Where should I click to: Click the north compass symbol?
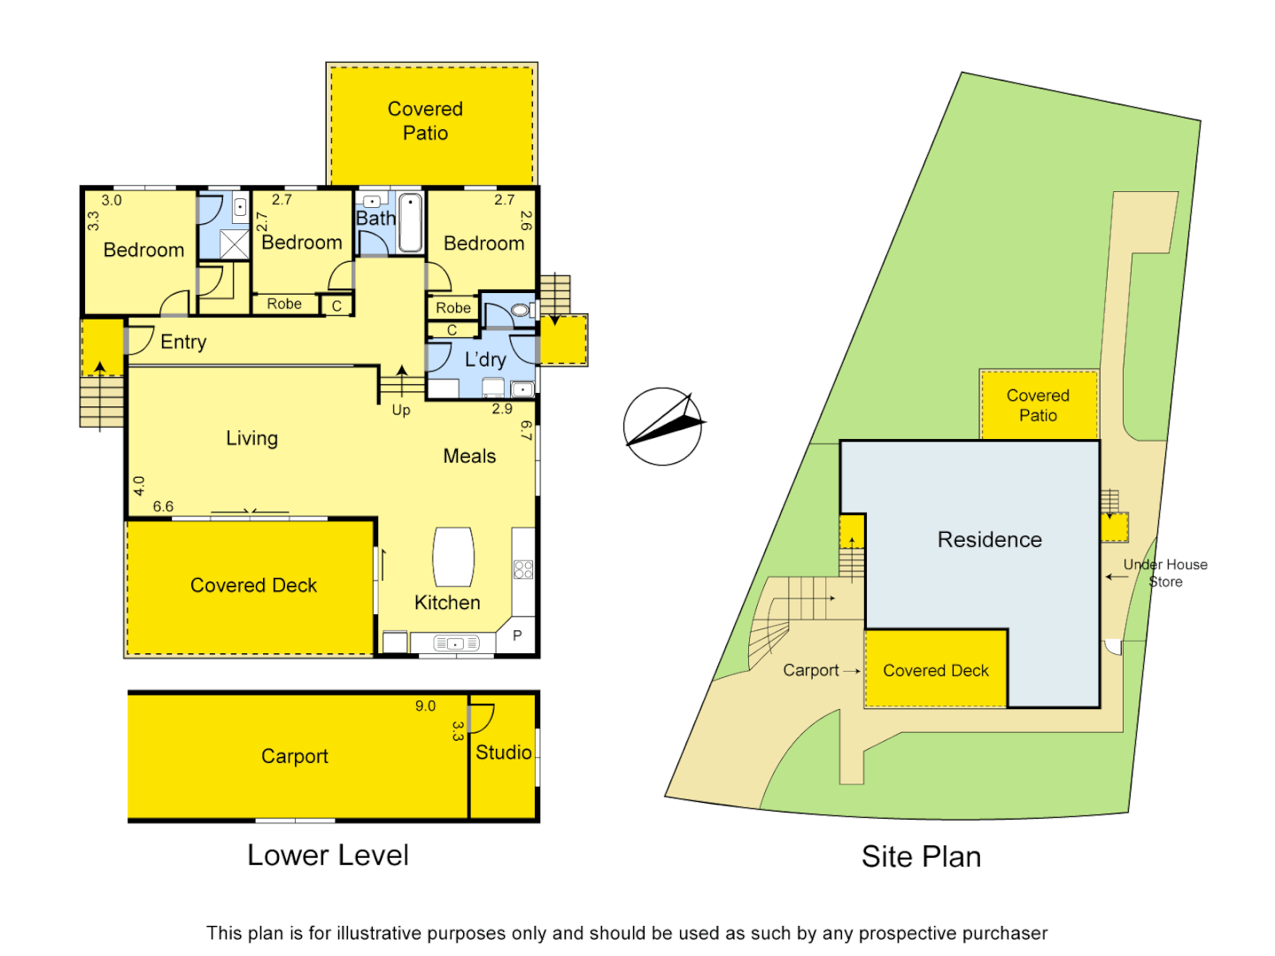click(x=662, y=427)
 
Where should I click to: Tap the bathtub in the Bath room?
click(x=410, y=223)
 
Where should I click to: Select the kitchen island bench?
click(x=453, y=557)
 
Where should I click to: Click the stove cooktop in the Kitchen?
click(x=523, y=569)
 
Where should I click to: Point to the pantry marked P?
click(x=517, y=635)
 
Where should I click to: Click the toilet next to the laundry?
click(x=522, y=310)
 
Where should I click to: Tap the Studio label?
click(x=503, y=752)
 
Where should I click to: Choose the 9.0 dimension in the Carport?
click(x=425, y=706)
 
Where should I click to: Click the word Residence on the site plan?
click(x=989, y=540)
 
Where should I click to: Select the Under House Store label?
click(x=1165, y=573)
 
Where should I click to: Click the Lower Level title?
click(x=328, y=855)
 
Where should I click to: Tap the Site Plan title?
click(x=921, y=857)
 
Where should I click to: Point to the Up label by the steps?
click(x=401, y=410)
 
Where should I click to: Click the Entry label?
click(x=183, y=342)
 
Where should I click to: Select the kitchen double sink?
click(x=454, y=644)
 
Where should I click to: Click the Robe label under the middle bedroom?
click(x=284, y=304)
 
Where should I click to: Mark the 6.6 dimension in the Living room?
click(x=163, y=506)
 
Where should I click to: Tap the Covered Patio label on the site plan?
click(x=1038, y=405)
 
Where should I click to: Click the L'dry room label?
click(x=485, y=359)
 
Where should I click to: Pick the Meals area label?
click(x=469, y=456)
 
